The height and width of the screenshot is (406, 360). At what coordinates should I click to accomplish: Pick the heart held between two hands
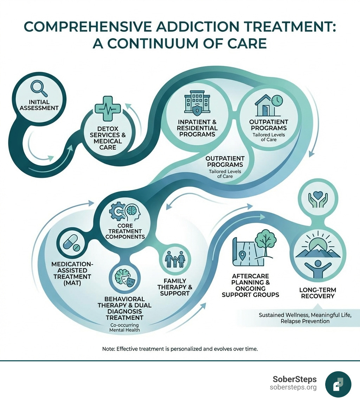pos(320,199)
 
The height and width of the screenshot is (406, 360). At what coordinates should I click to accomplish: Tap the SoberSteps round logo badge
pos(338,385)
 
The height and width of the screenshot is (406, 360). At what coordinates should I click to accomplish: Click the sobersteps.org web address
pos(293,387)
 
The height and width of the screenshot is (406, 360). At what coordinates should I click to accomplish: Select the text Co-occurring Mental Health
pos(124,327)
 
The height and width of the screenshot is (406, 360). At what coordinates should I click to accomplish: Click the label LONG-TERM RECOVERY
pos(317,293)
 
